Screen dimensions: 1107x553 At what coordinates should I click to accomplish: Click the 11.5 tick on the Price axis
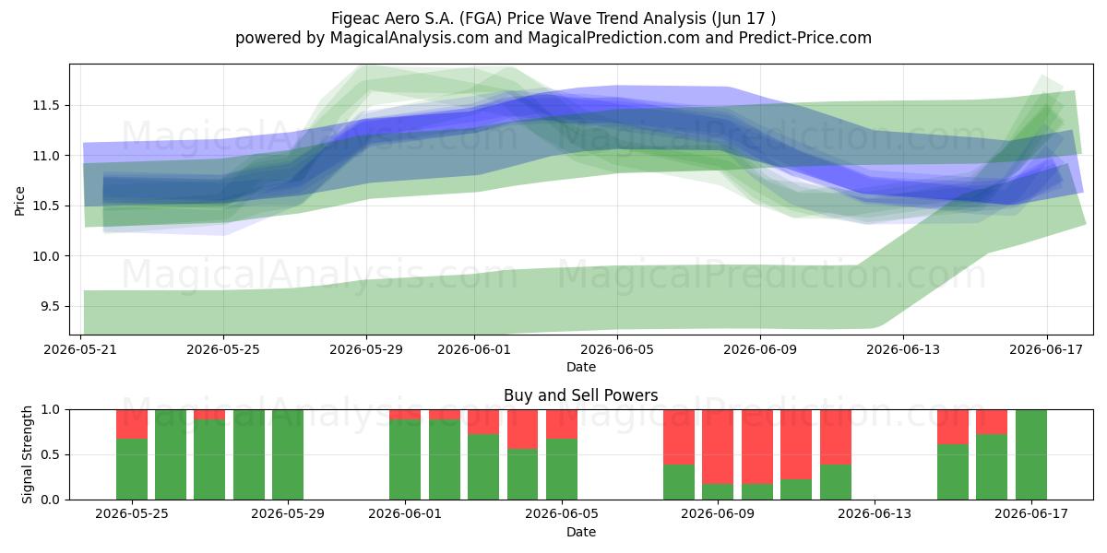point(45,105)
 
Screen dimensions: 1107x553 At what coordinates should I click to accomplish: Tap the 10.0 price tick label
point(45,256)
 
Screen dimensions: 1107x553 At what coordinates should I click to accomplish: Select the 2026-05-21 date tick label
point(80,349)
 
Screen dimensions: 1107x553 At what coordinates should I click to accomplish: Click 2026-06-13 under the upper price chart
point(903,349)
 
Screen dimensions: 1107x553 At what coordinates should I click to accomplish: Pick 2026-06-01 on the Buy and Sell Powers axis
point(405,513)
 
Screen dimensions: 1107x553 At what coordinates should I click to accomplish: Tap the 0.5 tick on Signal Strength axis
point(50,454)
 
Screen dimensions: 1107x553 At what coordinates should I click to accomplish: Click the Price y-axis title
point(19,201)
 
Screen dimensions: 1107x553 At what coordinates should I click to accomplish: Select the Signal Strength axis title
point(27,454)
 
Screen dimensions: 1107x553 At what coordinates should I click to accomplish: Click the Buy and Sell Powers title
point(580,395)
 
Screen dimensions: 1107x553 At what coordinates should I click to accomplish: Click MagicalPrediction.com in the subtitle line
point(613,38)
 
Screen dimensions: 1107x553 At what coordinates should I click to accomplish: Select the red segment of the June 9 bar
point(718,447)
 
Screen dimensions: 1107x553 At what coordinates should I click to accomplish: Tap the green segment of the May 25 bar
point(132,469)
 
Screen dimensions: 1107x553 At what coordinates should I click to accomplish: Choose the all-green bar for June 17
point(1031,454)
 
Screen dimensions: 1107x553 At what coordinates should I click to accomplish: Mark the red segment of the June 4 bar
point(522,429)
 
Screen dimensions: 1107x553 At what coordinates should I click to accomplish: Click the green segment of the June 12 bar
point(835,482)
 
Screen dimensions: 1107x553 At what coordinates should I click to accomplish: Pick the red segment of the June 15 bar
point(953,427)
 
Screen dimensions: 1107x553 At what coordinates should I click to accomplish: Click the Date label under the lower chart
point(580,532)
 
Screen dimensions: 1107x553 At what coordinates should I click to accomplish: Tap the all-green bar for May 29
point(288,454)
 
